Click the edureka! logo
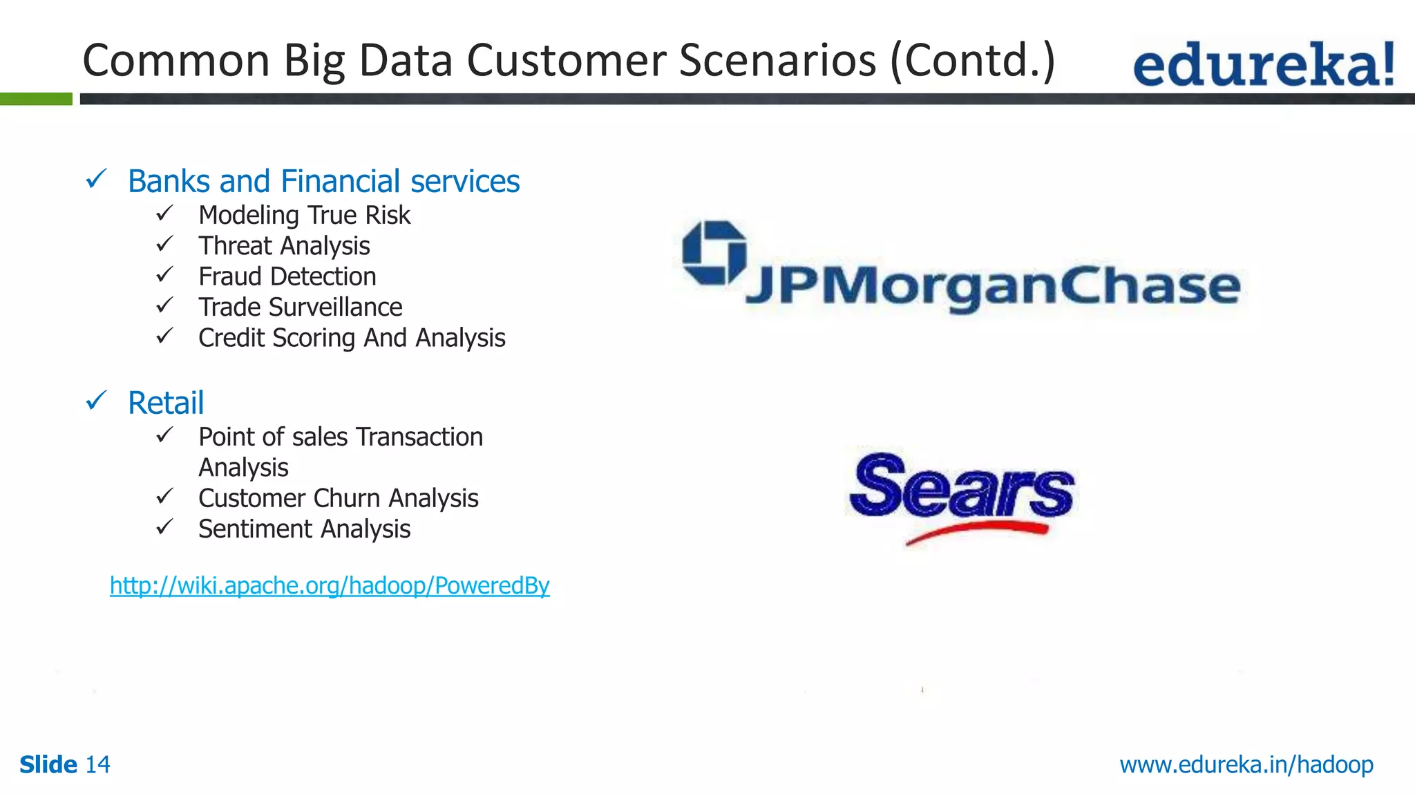[x=1263, y=64]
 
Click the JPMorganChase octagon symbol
[x=714, y=253]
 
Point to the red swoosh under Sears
[x=977, y=531]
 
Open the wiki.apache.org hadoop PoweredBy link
[x=330, y=585]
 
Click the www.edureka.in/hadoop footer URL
[x=1246, y=764]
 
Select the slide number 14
[x=97, y=764]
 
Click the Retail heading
[x=166, y=403]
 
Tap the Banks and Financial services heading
[x=323, y=181]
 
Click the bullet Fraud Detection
[x=287, y=276]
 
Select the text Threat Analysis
[x=284, y=246]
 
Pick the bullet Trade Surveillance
[x=300, y=307]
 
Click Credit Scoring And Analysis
[x=352, y=338]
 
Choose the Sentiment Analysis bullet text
[x=304, y=529]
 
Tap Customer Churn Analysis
[x=338, y=498]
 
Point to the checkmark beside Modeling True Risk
[x=164, y=214]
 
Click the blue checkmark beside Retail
[x=96, y=400]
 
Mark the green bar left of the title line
[x=36, y=99]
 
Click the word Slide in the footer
[x=48, y=764]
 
